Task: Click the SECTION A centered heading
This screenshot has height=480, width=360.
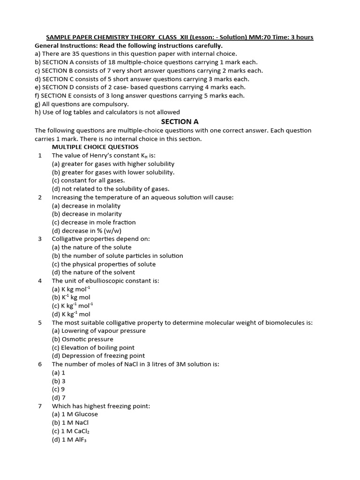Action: click(180, 121)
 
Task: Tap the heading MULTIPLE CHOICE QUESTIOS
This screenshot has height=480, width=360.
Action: click(95, 147)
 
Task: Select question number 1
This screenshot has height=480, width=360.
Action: click(40, 156)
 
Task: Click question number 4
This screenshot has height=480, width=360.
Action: click(40, 281)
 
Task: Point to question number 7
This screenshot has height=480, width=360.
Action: click(40, 406)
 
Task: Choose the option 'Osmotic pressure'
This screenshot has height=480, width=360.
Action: click(82, 339)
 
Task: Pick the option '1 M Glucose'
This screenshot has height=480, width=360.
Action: click(75, 414)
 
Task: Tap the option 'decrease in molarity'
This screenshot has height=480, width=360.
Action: click(87, 214)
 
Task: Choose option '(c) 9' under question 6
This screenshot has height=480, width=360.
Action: click(59, 389)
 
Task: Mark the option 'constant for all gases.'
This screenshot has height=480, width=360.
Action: click(88, 180)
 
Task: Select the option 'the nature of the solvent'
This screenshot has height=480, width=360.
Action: click(93, 272)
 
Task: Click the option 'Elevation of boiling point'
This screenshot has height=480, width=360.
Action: click(93, 347)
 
